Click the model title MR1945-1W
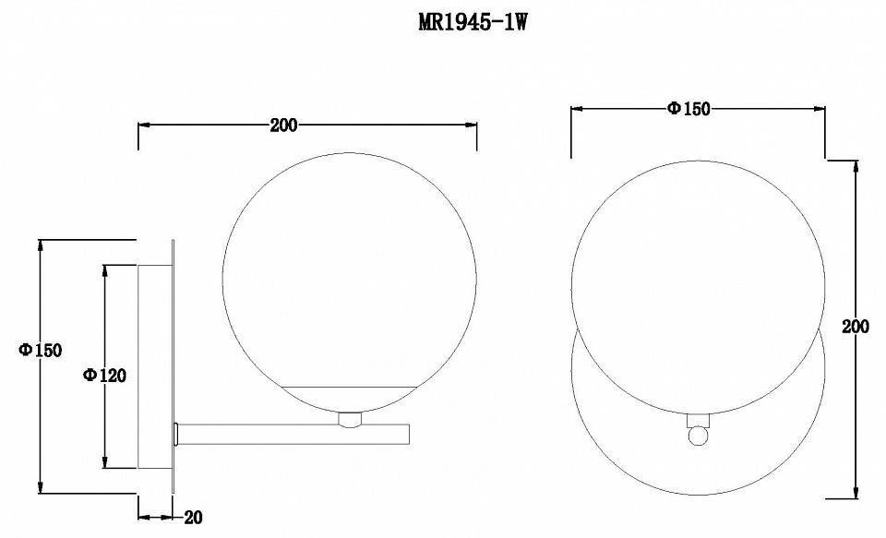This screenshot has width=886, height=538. point(473,23)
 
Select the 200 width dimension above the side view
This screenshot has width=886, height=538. point(283,125)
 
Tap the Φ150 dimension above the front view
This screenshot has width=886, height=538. point(688,109)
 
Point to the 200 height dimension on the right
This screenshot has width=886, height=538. point(856,327)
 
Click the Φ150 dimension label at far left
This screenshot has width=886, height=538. point(40,351)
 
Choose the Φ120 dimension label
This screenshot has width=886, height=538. point(104,375)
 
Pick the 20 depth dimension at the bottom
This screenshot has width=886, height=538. point(193,517)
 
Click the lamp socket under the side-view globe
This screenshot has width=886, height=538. point(350,419)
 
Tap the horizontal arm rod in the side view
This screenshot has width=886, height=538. point(293,434)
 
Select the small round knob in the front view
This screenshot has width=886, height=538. point(698,436)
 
